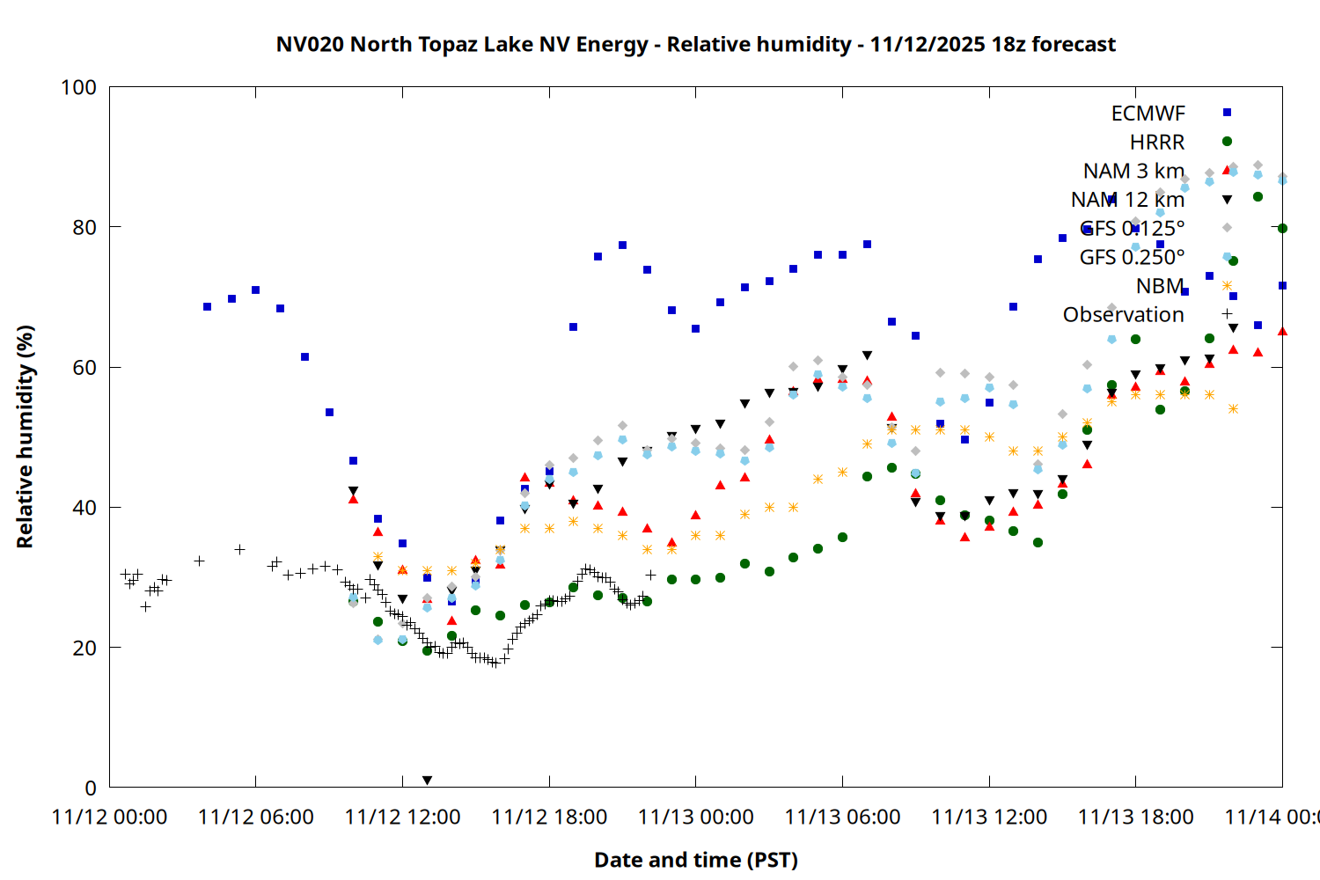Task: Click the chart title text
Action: (695, 44)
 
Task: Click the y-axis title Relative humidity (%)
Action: (25, 436)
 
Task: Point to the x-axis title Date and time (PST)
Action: (695, 860)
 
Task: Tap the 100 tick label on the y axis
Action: (78, 87)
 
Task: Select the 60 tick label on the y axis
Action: (84, 367)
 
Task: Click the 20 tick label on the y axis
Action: (84, 648)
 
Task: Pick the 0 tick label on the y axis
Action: (91, 788)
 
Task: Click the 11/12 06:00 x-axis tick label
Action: (256, 817)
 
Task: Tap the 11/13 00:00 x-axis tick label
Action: (696, 817)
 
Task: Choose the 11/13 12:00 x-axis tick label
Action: (989, 817)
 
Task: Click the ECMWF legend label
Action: (1148, 114)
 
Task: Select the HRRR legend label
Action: (1157, 143)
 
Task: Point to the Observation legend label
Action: (1123, 315)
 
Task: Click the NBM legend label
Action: (1160, 286)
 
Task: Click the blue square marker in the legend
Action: (1227, 113)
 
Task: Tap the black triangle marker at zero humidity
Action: (427, 781)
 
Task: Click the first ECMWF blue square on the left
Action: (207, 307)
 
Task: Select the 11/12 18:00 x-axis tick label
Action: (549, 817)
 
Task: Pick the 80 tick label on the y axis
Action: (84, 227)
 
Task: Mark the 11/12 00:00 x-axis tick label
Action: (110, 817)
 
